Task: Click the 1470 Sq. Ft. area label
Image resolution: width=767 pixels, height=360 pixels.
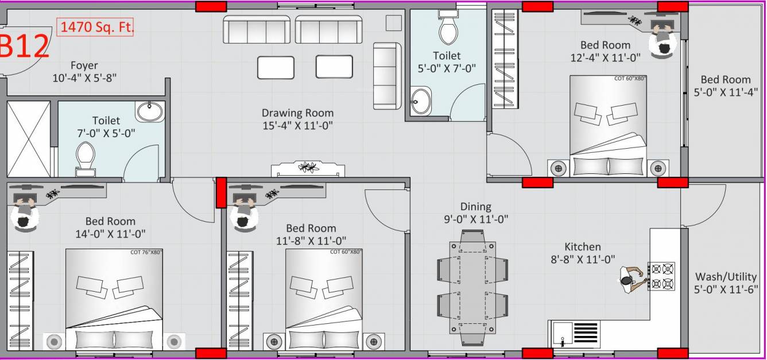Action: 95,27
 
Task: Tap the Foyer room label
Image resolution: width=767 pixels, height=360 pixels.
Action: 84,65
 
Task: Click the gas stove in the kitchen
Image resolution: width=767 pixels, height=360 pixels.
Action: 661,276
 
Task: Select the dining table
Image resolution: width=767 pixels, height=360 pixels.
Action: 472,282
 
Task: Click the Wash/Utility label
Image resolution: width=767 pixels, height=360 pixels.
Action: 726,277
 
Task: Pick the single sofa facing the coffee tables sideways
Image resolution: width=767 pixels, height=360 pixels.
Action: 386,76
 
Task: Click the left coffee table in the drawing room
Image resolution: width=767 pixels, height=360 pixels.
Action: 276,67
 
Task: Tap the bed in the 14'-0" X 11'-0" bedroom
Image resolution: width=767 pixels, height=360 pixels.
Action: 114,299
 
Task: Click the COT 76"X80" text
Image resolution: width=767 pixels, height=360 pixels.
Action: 146,252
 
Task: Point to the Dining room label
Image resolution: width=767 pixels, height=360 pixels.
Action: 475,207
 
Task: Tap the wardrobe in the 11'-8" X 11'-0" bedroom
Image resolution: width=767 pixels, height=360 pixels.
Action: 239,299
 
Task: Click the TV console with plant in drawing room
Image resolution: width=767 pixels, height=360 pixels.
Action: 308,169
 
